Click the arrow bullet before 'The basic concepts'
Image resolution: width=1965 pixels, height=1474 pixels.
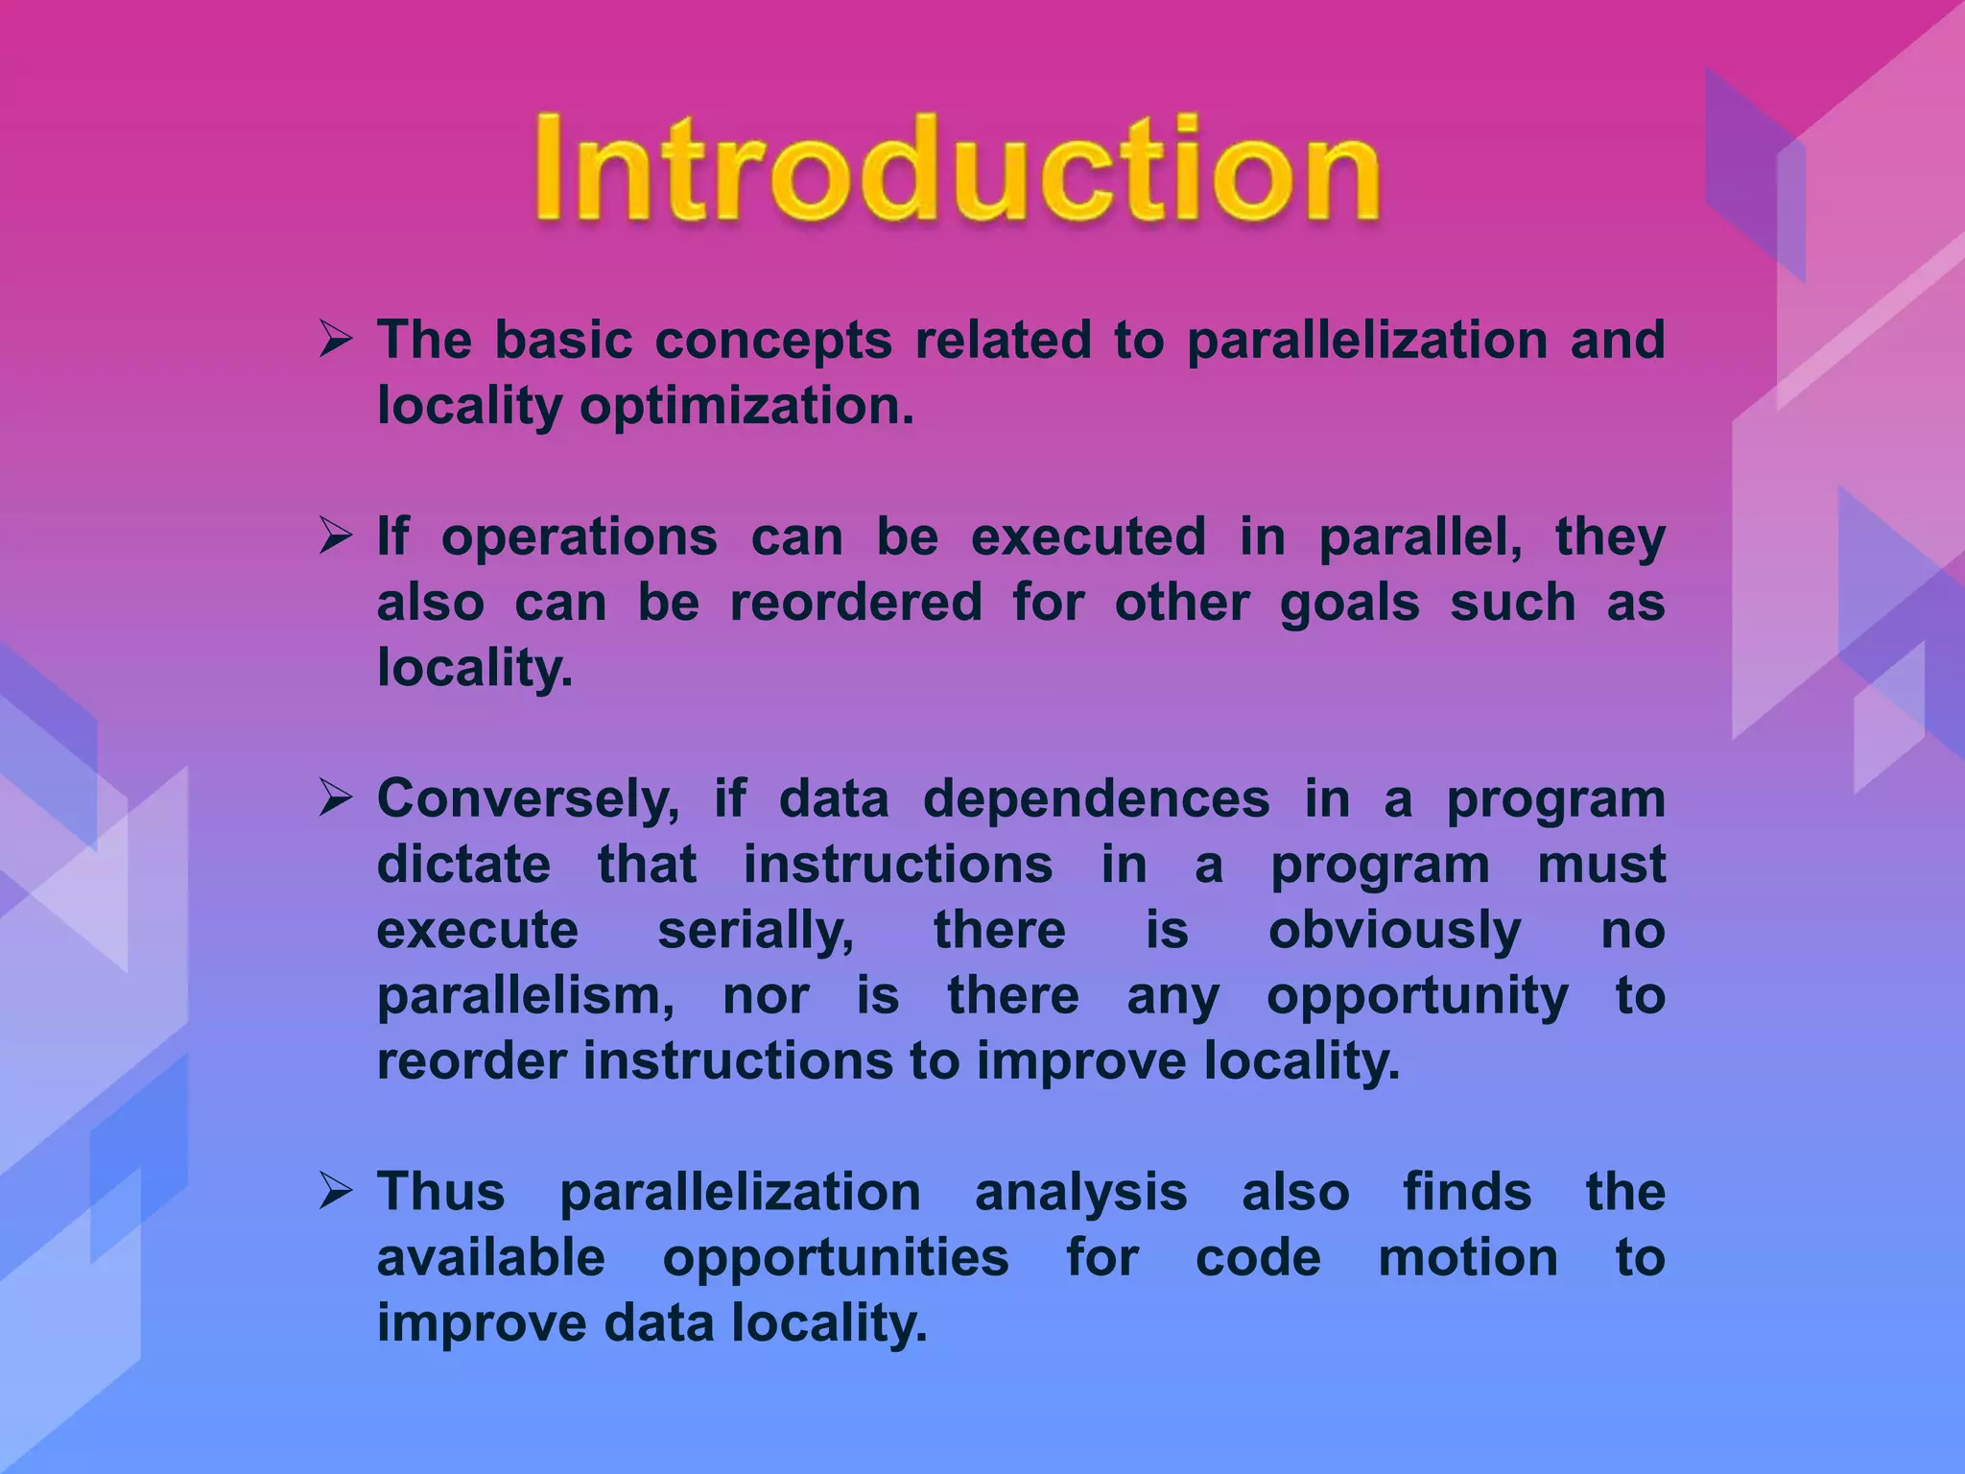coord(337,340)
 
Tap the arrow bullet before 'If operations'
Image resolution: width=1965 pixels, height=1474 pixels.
coord(337,536)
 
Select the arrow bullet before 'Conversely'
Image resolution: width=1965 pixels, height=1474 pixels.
coord(337,798)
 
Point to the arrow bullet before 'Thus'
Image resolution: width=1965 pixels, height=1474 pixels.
coord(337,1192)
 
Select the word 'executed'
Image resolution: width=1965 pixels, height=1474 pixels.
coord(1088,536)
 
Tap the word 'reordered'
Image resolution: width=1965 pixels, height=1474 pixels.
coord(856,603)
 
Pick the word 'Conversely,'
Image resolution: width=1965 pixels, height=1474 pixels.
coord(529,799)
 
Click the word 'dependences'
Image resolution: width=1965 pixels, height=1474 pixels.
coord(1096,799)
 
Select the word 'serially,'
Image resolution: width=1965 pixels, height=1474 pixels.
coord(756,931)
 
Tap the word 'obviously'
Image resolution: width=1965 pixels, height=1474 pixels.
coord(1394,931)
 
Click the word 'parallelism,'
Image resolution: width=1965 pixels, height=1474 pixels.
coord(526,997)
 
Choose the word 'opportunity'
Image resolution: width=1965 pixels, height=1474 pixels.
coord(1417,997)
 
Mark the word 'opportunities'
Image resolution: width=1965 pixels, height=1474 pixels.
coord(836,1259)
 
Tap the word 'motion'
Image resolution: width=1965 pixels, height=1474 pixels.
coord(1468,1258)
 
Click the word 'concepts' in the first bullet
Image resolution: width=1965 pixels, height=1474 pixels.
coord(773,342)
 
